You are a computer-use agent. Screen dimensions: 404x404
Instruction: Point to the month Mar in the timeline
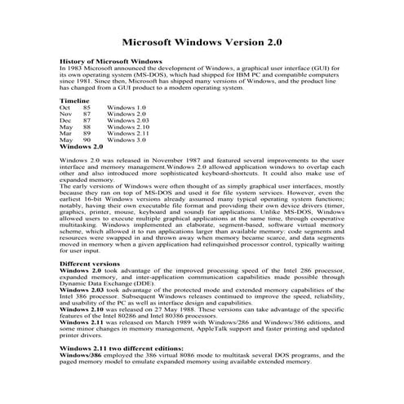pos(66,134)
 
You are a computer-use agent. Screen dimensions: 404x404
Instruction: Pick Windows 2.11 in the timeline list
pos(128,134)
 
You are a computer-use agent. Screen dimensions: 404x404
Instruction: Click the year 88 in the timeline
pos(87,127)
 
